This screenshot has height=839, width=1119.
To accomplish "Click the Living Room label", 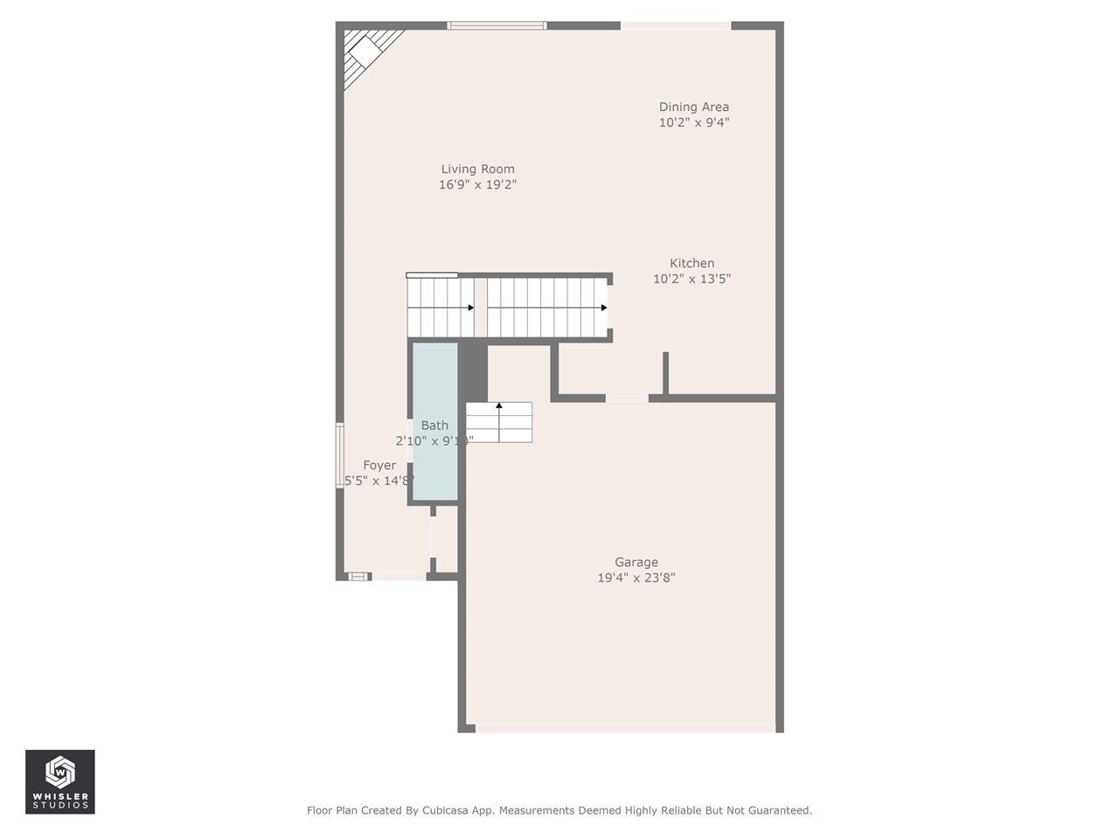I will [477, 169].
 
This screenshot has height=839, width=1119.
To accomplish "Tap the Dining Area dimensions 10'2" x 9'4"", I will [693, 123].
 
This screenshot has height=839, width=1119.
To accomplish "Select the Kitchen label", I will [692, 263].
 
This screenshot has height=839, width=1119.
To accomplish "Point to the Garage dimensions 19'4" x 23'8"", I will [636, 578].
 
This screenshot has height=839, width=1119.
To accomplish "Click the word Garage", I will [636, 562].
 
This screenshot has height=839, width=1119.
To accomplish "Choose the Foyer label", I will [379, 465].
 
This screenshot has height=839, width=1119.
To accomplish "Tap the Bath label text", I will [434, 426].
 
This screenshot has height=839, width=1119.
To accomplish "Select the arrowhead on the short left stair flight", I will [470, 308].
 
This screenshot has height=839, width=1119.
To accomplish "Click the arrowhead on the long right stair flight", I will [604, 308].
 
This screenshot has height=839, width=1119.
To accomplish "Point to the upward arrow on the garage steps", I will [499, 406].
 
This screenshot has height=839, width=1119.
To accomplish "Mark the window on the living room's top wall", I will [497, 25].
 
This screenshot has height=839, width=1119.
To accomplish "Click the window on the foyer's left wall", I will [340, 454].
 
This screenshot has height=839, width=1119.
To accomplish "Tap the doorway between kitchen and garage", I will [627, 399].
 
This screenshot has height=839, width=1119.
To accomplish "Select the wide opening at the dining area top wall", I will [675, 25].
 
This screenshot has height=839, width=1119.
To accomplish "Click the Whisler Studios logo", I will [59, 781].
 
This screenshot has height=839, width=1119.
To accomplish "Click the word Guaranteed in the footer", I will [777, 810].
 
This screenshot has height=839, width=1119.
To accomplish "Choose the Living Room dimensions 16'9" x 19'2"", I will [477, 184].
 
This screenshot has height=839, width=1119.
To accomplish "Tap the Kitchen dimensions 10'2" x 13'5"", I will [692, 279].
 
